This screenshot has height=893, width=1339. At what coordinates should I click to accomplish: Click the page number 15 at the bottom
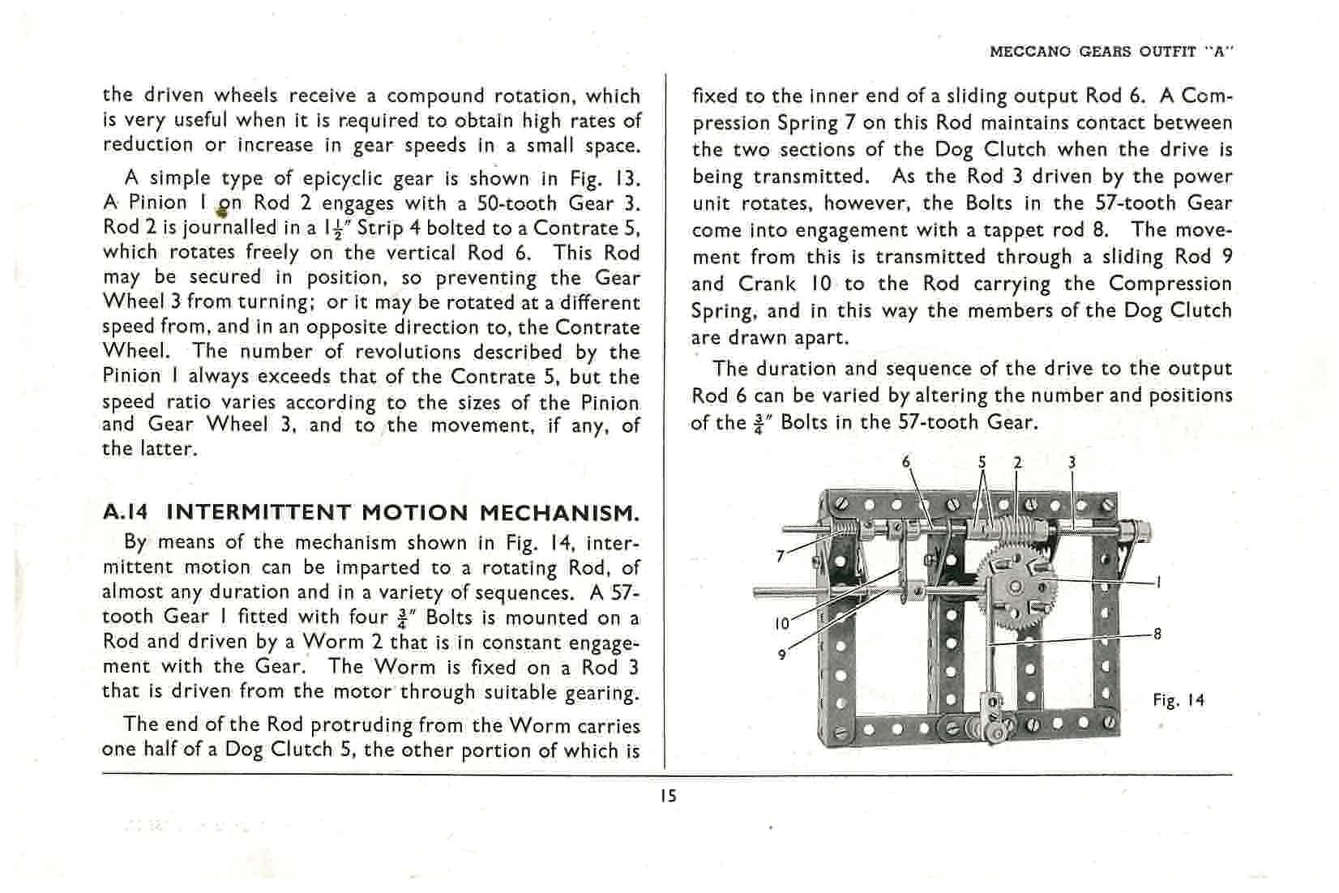tap(668, 796)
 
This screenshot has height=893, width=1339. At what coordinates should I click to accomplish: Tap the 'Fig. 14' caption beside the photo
tap(1179, 700)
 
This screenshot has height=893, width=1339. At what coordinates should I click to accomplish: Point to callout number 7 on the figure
tap(781, 556)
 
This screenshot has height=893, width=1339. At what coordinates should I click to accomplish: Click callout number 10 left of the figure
tap(781, 625)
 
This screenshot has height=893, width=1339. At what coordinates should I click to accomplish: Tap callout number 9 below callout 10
tap(781, 655)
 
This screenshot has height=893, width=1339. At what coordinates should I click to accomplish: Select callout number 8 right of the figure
tap(1157, 634)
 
